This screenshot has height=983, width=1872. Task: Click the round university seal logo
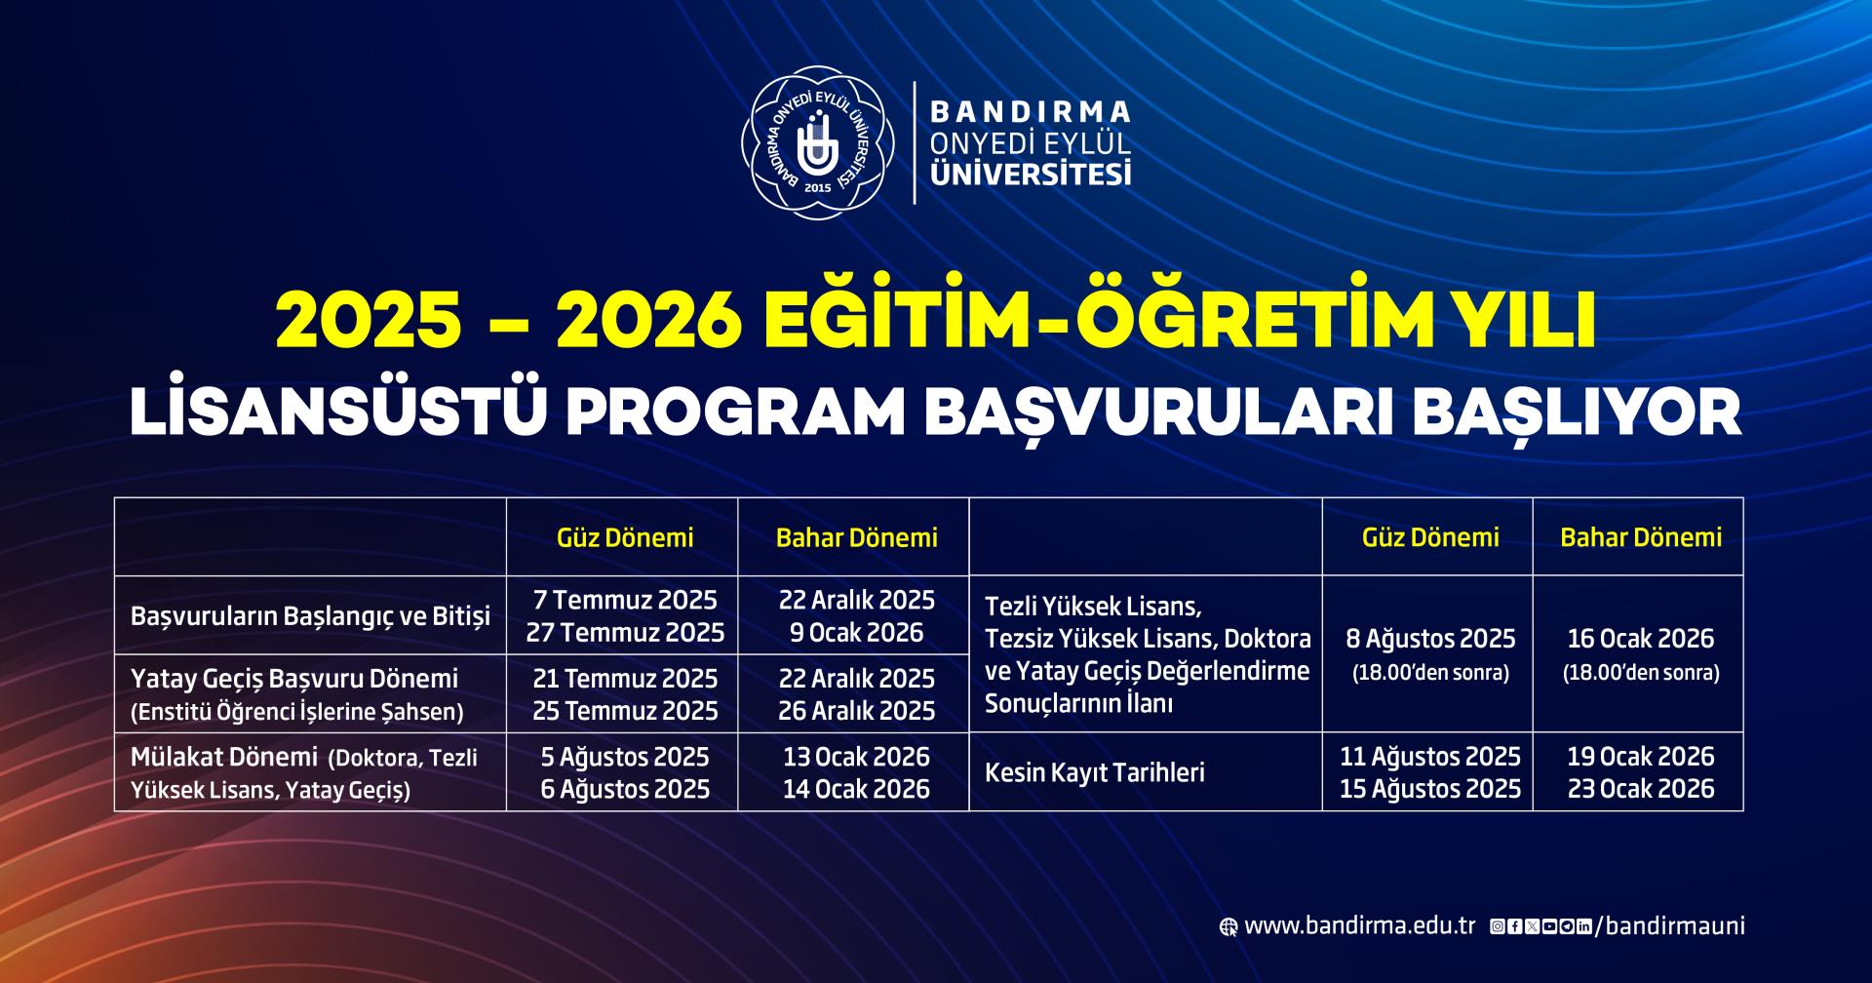(x=817, y=142)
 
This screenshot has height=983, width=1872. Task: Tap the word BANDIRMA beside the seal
(x=1032, y=110)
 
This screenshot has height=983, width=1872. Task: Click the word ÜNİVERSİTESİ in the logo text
(x=1032, y=174)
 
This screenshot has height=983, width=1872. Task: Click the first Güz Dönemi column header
(x=625, y=537)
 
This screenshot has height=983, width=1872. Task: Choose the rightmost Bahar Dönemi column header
(x=1641, y=537)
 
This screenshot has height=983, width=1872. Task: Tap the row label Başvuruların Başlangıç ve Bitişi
(x=310, y=617)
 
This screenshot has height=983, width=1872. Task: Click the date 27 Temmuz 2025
(x=625, y=633)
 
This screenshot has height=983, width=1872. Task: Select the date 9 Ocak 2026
(x=856, y=633)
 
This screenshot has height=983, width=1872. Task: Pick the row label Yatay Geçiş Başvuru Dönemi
(x=294, y=679)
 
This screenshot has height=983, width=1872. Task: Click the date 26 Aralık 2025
(x=856, y=711)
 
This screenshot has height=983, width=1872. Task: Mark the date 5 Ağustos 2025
(x=625, y=757)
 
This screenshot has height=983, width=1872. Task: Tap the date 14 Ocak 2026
(x=856, y=789)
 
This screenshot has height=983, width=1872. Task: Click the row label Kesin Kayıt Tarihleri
(x=1095, y=772)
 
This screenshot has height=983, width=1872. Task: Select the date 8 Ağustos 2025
(x=1430, y=639)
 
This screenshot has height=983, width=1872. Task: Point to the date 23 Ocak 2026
(x=1641, y=789)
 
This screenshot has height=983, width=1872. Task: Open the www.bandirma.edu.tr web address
(x=1359, y=925)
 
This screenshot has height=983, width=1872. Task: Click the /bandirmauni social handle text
(x=1669, y=925)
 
